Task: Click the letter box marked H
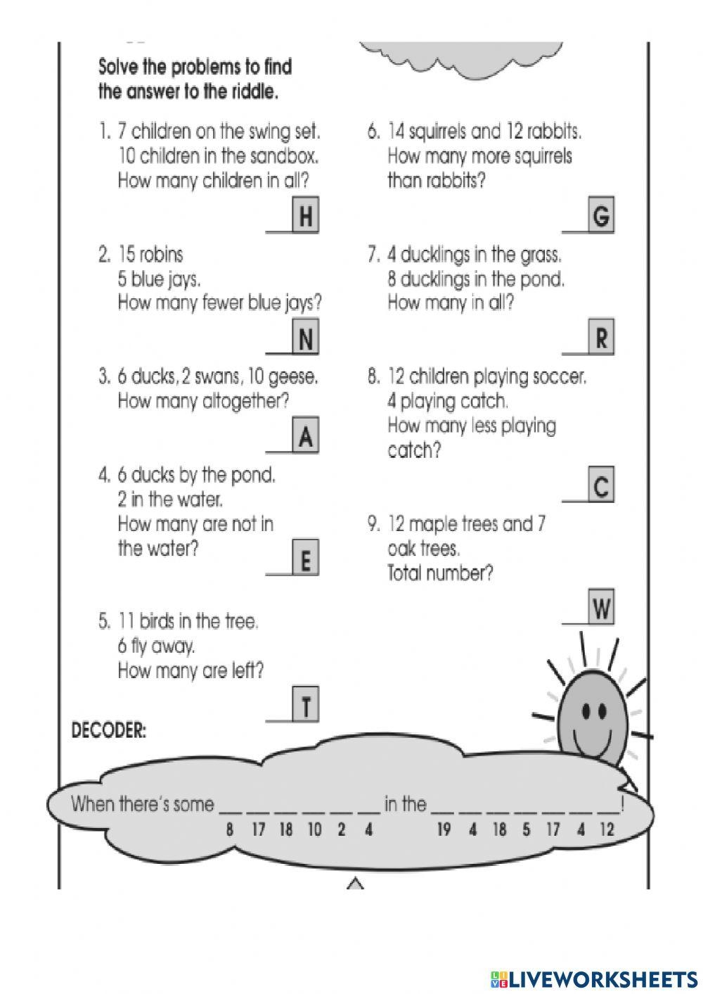click(305, 216)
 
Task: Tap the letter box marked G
click(601, 216)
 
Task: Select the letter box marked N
click(305, 338)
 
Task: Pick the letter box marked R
click(601, 338)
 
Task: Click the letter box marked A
click(305, 436)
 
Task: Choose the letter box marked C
click(601, 485)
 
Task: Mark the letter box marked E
click(305, 559)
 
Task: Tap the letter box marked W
click(601, 608)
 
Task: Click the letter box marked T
click(305, 706)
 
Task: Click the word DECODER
click(109, 731)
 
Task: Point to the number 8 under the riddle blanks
click(229, 830)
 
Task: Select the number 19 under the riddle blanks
click(444, 830)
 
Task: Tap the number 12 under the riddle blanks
click(606, 830)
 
